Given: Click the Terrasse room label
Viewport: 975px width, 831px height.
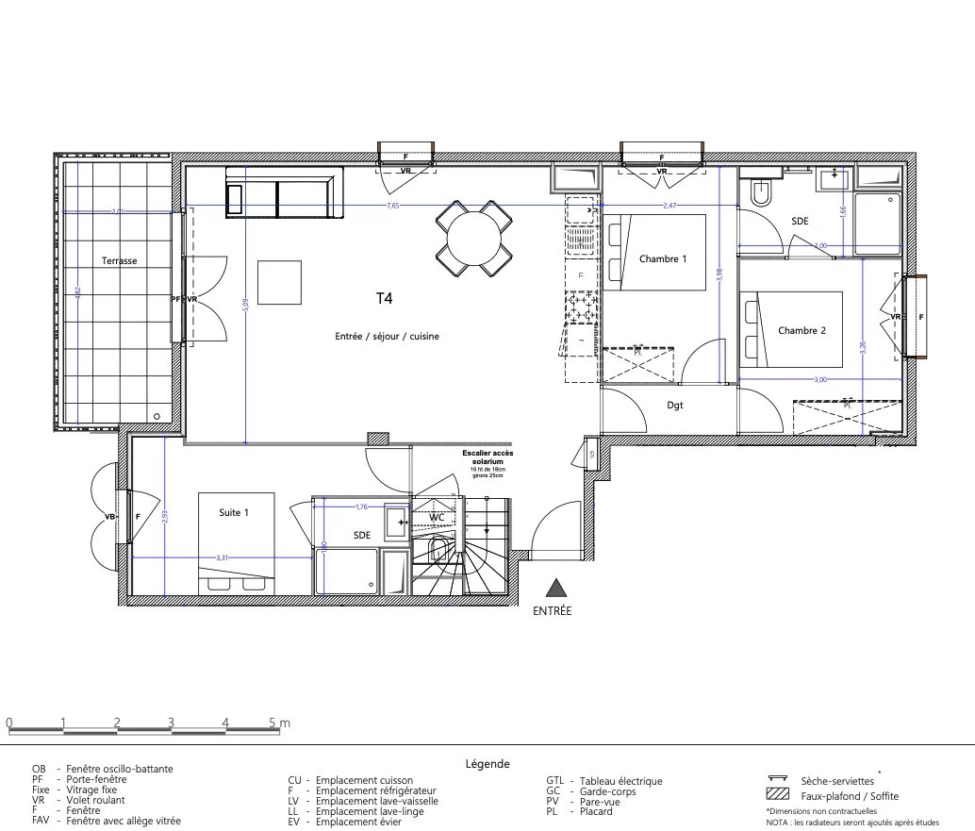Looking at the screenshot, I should pyautogui.click(x=120, y=260).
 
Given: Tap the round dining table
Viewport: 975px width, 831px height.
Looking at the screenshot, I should pyautogui.click(x=474, y=240).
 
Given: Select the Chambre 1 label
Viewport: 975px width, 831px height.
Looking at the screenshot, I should pyautogui.click(x=663, y=259).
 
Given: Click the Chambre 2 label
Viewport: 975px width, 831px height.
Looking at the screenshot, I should pyautogui.click(x=801, y=330).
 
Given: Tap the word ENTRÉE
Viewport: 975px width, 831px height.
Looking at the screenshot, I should pyautogui.click(x=553, y=611).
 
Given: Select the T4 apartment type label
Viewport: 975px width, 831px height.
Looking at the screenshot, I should pyautogui.click(x=384, y=298).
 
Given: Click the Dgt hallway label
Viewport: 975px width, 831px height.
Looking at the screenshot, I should pyautogui.click(x=674, y=406).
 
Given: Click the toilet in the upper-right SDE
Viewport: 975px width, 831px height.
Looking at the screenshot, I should pyautogui.click(x=760, y=193).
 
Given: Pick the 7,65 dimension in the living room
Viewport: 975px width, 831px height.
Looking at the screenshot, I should pyautogui.click(x=391, y=206).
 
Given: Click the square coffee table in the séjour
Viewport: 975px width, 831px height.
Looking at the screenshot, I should pyautogui.click(x=279, y=282).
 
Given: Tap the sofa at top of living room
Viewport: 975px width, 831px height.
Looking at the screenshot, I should pyautogui.click(x=283, y=193).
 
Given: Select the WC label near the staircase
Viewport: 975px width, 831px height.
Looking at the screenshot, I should pyautogui.click(x=437, y=518).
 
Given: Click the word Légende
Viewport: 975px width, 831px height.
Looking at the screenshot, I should pyautogui.click(x=487, y=764).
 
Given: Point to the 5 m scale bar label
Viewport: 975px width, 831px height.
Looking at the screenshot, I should pyautogui.click(x=280, y=723).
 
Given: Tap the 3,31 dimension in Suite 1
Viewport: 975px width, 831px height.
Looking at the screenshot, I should pyautogui.click(x=222, y=558).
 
